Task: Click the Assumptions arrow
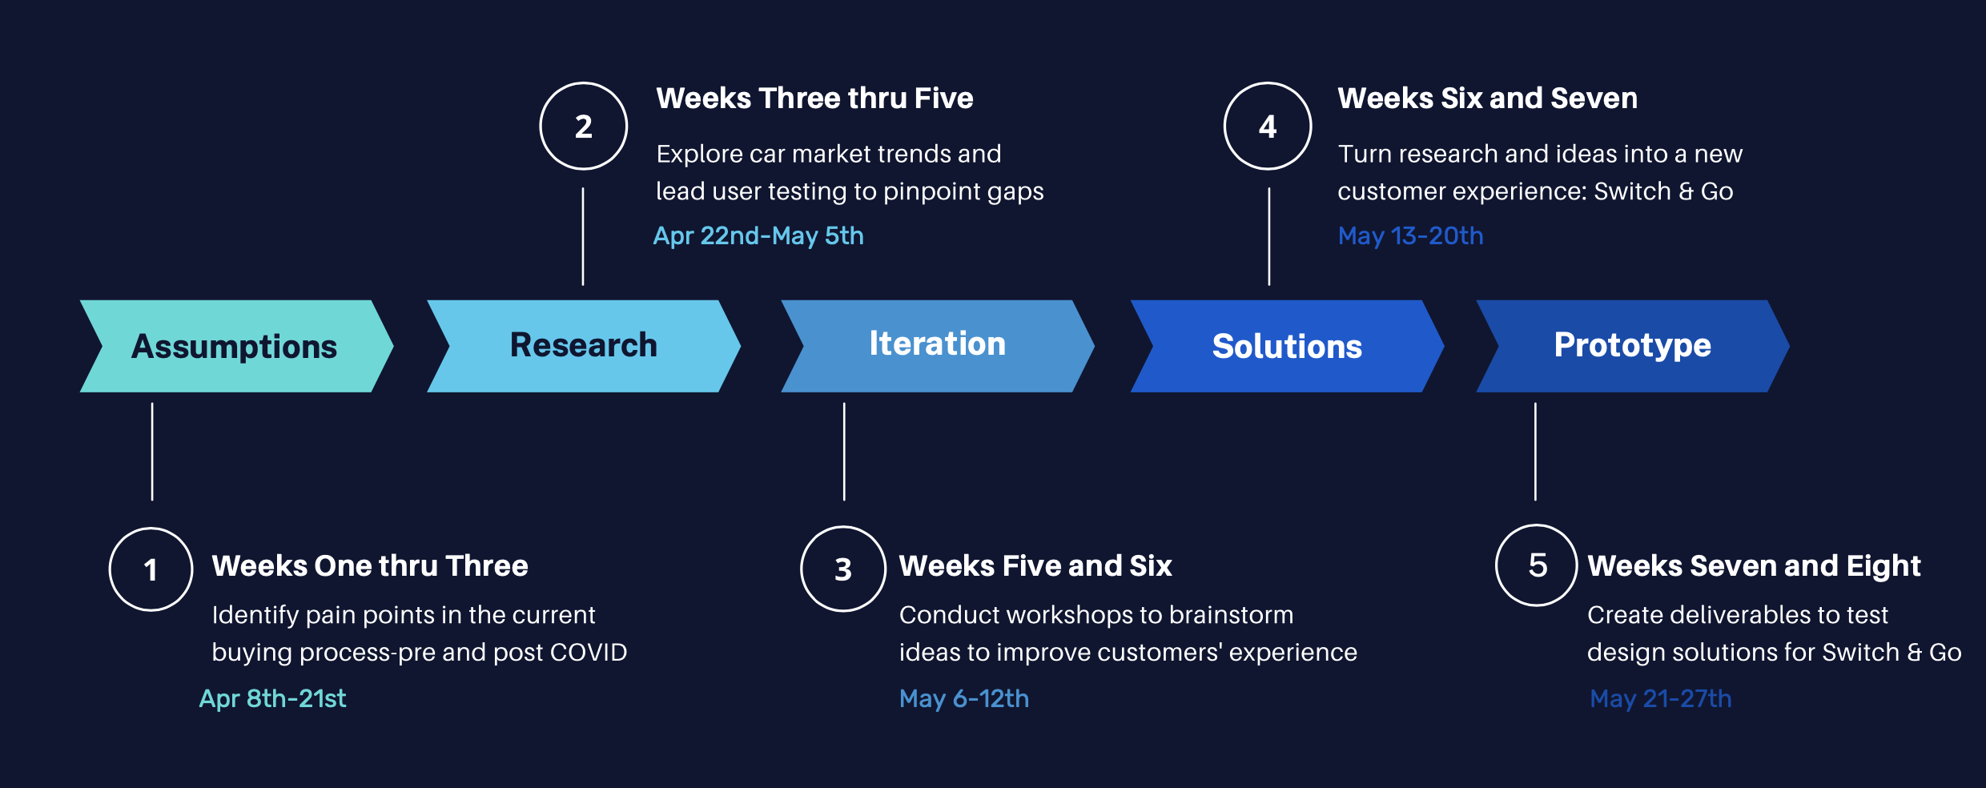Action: [x=235, y=346]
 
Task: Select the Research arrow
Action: [x=583, y=346]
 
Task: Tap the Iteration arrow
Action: [x=937, y=346]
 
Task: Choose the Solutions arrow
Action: [x=1286, y=346]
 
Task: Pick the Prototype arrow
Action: [x=1632, y=346]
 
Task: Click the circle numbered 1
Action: [x=151, y=569]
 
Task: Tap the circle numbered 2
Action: [x=583, y=127]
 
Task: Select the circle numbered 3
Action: [x=842, y=569]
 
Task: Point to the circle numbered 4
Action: [x=1268, y=127]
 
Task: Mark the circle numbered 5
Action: [x=1537, y=565]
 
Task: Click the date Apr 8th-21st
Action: [x=272, y=698]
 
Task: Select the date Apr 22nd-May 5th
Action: [x=758, y=235]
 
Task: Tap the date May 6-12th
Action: [x=964, y=698]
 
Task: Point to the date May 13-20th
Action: [x=1410, y=235]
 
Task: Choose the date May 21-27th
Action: [x=1660, y=698]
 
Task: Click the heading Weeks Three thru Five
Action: [x=814, y=98]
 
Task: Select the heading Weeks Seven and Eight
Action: [x=1754, y=566]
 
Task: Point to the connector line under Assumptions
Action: [x=152, y=452]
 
